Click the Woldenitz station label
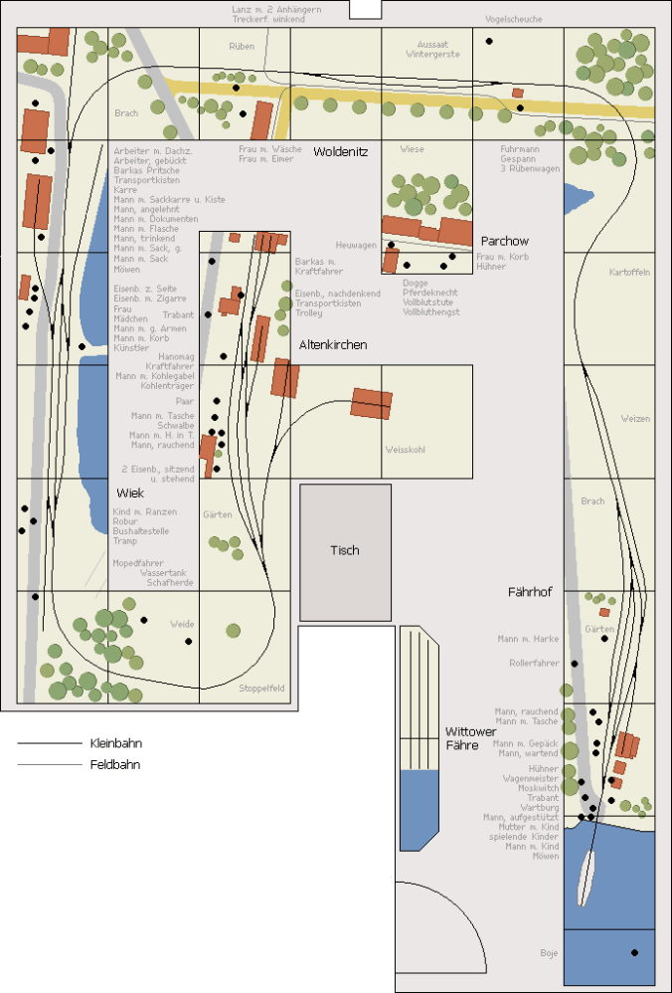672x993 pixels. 341,152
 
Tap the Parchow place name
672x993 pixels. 505,242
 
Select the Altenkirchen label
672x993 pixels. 333,344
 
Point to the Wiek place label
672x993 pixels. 130,494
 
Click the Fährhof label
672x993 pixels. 531,592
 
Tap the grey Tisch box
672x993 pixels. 345,550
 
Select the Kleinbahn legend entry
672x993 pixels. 113,743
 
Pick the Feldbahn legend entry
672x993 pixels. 114,765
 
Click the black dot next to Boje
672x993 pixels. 634,952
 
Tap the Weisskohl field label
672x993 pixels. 405,450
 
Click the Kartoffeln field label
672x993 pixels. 629,273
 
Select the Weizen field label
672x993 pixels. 635,419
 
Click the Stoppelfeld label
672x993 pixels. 262,689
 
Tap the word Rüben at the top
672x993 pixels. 242,47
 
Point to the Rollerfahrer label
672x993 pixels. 534,663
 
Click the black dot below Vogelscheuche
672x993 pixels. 489,41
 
